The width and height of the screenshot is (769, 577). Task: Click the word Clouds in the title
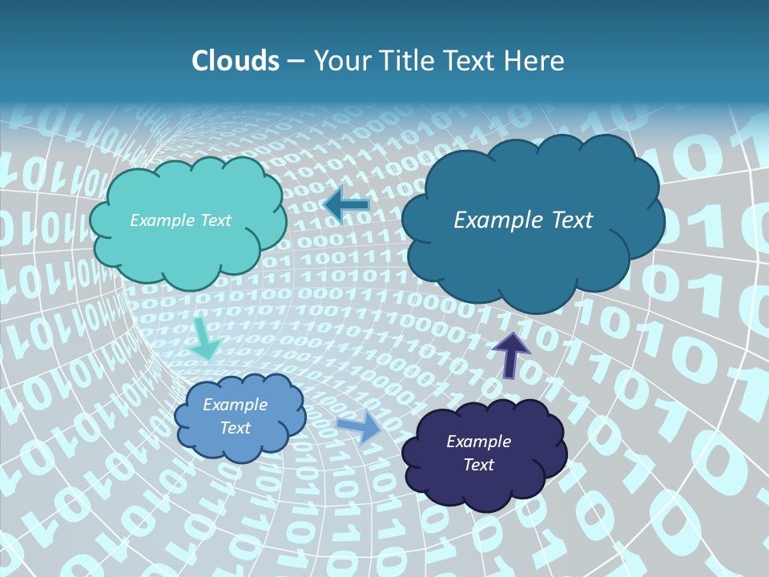[x=236, y=61]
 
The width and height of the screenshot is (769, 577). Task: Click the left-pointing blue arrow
[x=347, y=205]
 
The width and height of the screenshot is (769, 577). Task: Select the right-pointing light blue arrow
[x=360, y=426]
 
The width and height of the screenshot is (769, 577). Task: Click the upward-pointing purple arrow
[x=510, y=353]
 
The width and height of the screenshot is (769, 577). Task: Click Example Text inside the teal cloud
[x=180, y=220]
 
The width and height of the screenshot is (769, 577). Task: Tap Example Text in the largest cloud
[x=523, y=220]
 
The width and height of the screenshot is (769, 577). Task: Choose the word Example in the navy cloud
[x=478, y=442]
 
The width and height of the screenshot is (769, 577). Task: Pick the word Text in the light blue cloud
[x=235, y=428]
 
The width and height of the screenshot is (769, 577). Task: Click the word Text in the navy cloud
[x=478, y=465]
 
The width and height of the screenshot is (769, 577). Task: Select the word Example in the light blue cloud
[x=235, y=405]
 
